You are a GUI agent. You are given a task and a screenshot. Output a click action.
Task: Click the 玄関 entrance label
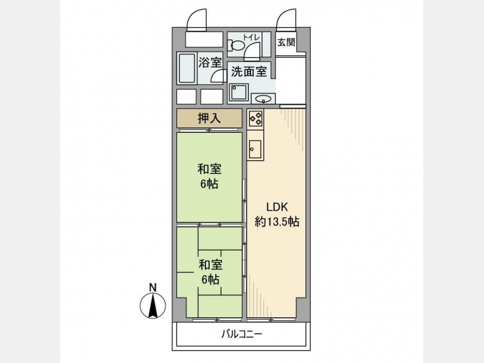tap(286, 42)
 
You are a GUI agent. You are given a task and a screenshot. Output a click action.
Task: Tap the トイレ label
tap(252, 37)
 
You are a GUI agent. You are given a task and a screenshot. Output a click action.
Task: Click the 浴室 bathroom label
tap(210, 63)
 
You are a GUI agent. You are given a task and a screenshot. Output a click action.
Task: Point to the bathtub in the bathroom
tap(187, 68)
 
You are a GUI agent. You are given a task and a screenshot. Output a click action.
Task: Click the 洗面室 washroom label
tap(249, 72)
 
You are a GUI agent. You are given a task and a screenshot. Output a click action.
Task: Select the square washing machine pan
tap(239, 93)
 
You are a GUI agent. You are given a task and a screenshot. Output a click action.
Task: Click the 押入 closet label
tap(209, 118)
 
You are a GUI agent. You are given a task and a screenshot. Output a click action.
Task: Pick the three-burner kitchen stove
tap(255, 118)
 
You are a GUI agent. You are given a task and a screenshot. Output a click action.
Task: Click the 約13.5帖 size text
tap(277, 222)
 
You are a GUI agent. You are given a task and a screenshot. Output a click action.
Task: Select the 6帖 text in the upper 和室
tap(209, 184)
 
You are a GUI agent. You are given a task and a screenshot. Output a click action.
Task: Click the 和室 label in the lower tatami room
tap(210, 265)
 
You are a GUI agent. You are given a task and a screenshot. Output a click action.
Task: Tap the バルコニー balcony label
tap(241, 334)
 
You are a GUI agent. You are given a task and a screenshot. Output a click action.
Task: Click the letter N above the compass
tap(153, 287)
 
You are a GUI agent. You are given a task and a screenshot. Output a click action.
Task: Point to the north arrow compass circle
tap(153, 305)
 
